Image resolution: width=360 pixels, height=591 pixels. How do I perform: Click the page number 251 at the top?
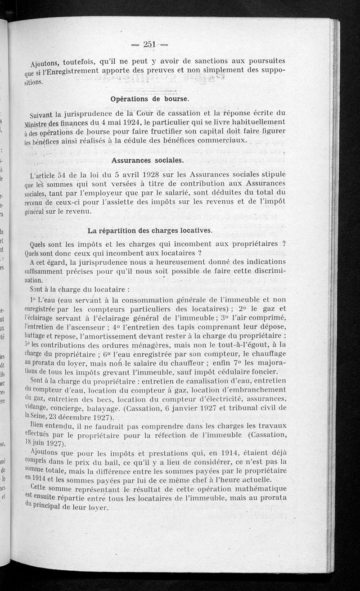pyautogui.click(x=148, y=44)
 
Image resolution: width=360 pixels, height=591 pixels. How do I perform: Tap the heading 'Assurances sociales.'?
pyautogui.click(x=147, y=160)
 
